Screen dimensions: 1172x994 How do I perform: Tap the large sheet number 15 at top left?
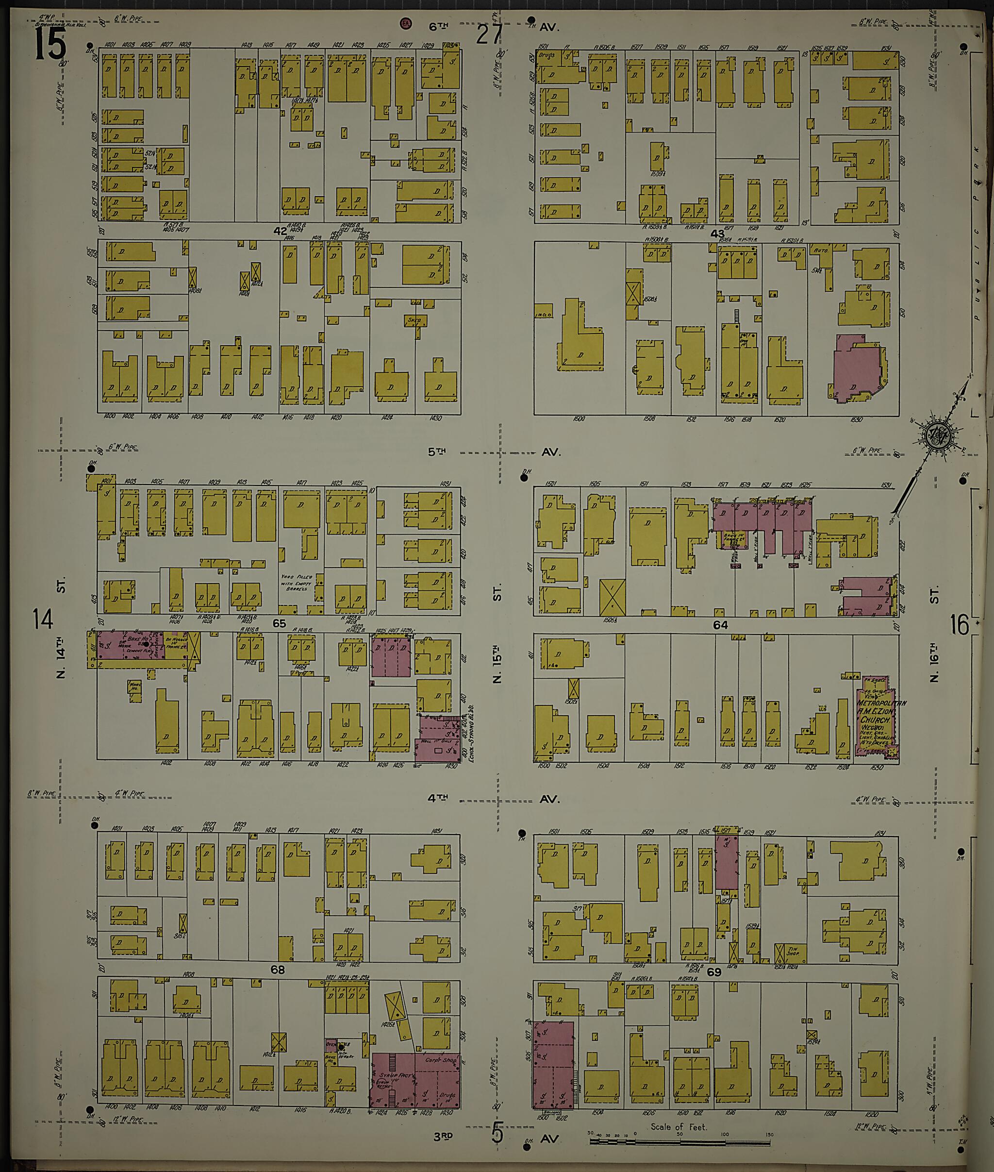(50, 45)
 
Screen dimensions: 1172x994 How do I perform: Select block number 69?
(714, 972)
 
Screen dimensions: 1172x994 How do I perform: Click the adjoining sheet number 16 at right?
(959, 625)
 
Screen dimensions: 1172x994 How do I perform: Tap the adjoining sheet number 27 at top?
(488, 35)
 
